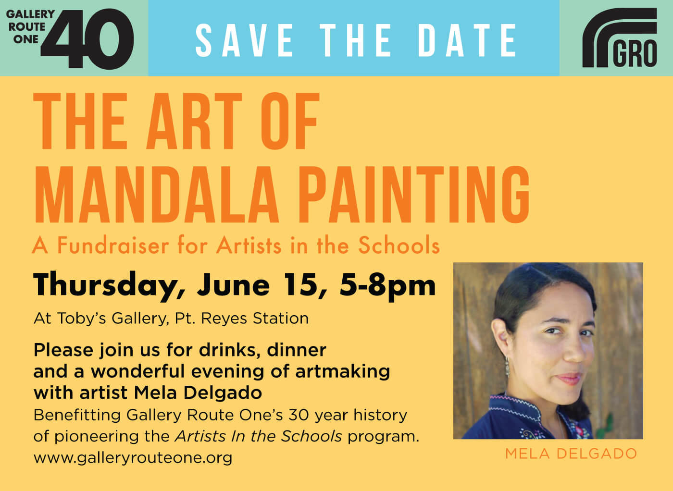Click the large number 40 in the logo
87,39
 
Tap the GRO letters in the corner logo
635,54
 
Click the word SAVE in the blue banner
244,40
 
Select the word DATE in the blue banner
467,40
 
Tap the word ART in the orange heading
194,121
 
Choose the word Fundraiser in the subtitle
113,245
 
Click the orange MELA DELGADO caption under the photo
571,454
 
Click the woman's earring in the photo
508,367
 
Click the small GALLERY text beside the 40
30,14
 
